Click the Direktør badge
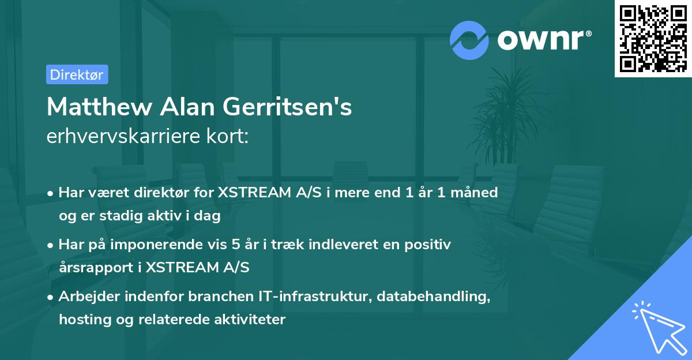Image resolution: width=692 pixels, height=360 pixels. pyautogui.click(x=77, y=75)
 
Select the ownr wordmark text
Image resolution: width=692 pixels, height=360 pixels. pyautogui.click(x=543, y=40)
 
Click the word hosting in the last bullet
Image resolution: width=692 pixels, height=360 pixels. pyautogui.click(x=80, y=319)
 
